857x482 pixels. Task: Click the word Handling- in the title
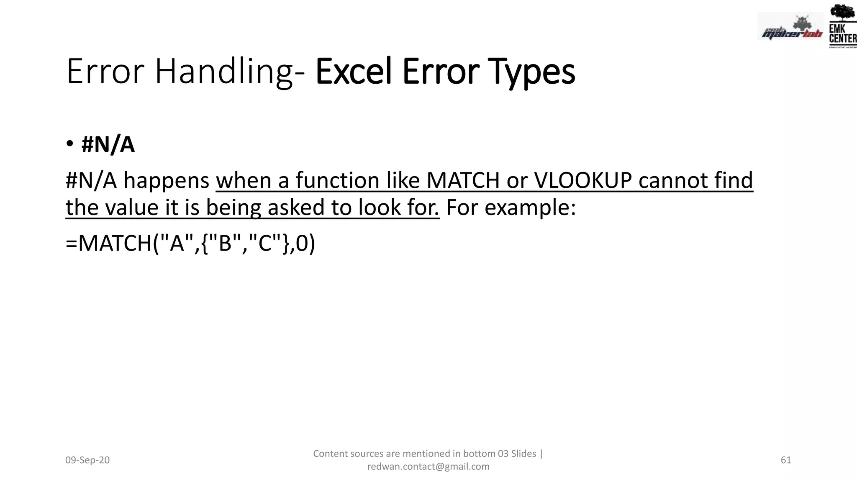tap(230, 72)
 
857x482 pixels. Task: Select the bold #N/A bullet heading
tap(108, 145)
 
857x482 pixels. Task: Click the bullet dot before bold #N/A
tap(70, 144)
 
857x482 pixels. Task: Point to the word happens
tap(166, 181)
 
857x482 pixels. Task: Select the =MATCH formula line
tap(190, 243)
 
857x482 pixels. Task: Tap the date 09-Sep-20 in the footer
tap(87, 460)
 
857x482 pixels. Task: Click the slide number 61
tap(786, 460)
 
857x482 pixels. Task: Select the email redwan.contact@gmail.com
tap(428, 467)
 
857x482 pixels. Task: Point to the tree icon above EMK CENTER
tap(843, 13)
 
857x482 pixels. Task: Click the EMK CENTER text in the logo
tap(842, 34)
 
